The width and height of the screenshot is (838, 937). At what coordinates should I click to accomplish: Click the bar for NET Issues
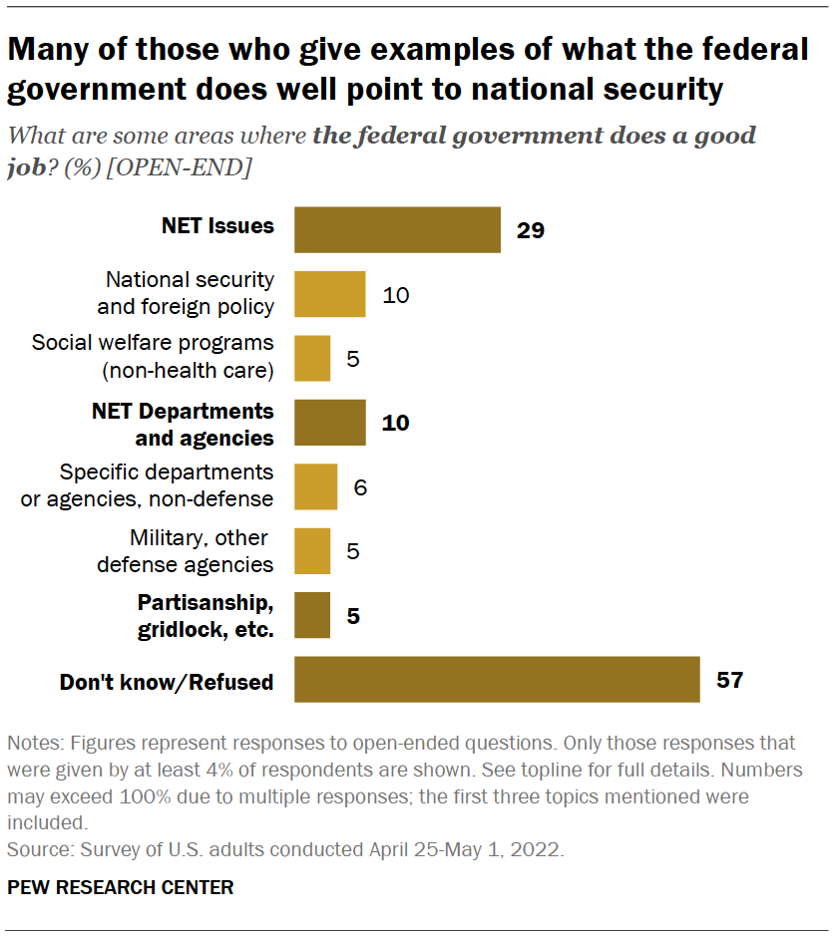(397, 230)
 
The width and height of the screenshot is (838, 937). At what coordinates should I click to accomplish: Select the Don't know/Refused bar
(497, 681)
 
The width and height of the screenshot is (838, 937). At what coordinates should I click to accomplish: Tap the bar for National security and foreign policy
(330, 294)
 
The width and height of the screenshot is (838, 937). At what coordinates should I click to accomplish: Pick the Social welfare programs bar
(312, 358)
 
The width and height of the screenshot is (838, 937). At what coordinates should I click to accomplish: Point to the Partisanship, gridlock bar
(312, 616)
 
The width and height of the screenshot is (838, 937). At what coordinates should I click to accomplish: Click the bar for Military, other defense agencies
(312, 551)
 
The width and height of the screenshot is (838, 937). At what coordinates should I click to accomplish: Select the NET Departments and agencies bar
(330, 423)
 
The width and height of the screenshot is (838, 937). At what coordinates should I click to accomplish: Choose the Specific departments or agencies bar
(316, 486)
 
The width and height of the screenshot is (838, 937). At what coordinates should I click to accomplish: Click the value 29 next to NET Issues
(531, 230)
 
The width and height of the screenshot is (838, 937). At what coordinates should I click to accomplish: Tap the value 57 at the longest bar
(730, 681)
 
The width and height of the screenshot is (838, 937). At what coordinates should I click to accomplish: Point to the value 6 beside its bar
(360, 487)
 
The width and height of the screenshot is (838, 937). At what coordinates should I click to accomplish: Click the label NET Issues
(217, 226)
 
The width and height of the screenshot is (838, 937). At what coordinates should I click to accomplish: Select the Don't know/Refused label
(167, 682)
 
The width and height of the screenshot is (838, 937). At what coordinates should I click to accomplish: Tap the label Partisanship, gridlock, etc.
(206, 616)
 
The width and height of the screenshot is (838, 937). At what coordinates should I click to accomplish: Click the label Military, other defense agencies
(185, 551)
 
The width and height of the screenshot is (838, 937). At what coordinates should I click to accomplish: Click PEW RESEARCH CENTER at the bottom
(121, 887)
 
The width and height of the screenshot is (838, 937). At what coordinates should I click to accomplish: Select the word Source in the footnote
(35, 851)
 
